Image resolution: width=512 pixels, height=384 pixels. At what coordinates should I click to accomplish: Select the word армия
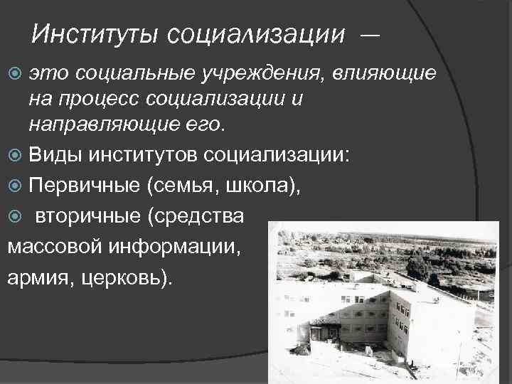[x=34, y=277]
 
